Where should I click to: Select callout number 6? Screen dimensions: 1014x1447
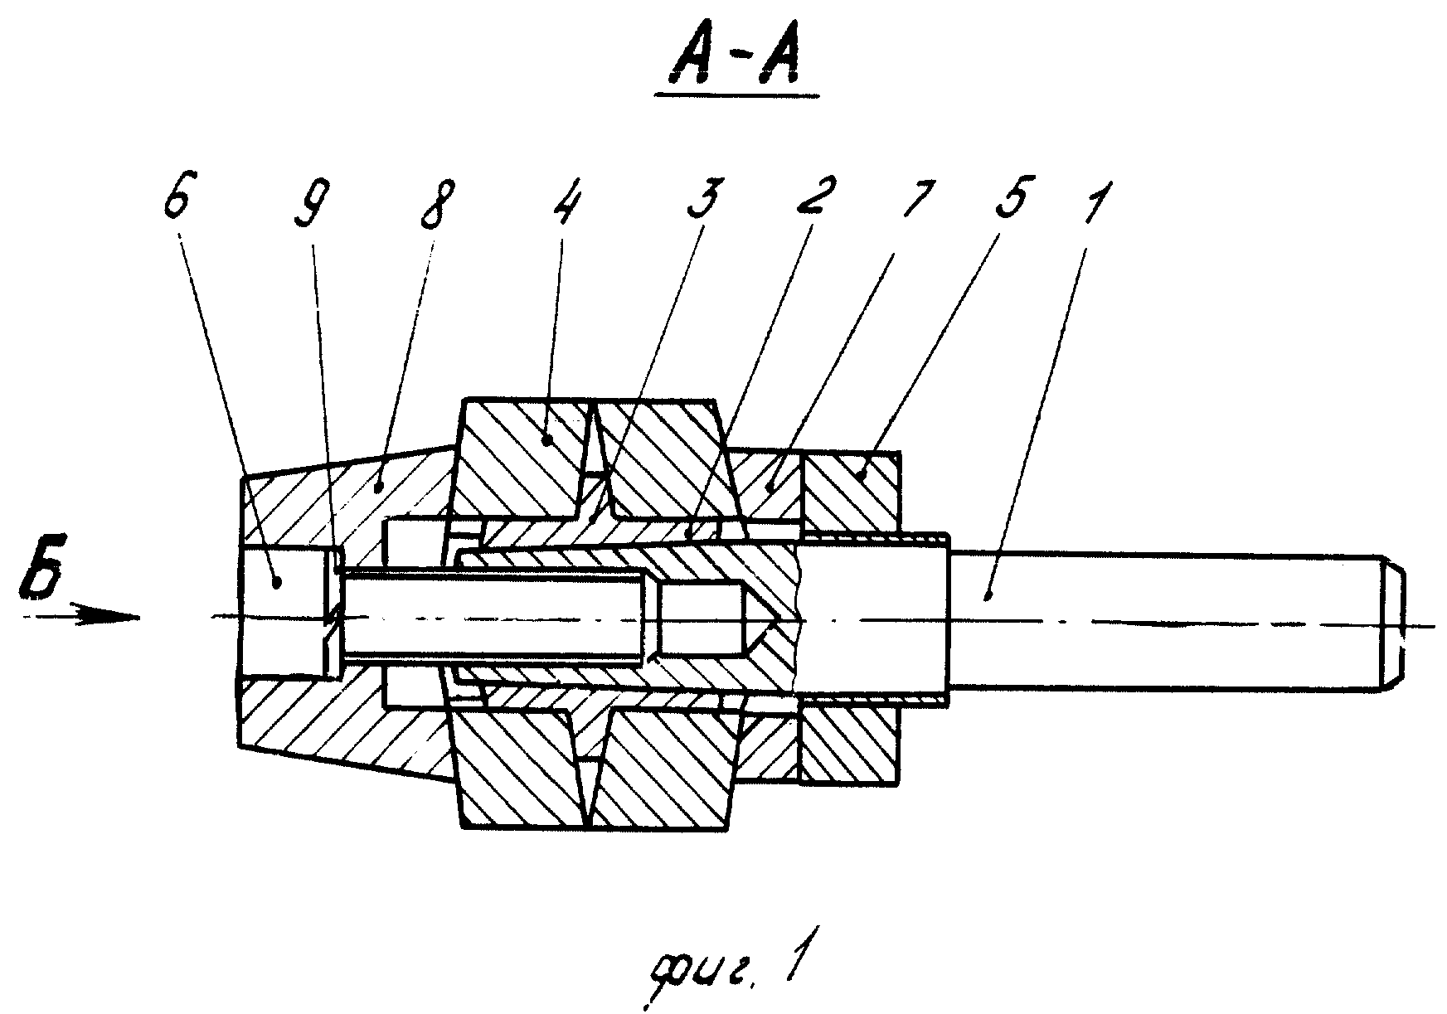pos(182,206)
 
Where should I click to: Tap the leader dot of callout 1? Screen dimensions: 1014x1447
pos(986,593)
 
